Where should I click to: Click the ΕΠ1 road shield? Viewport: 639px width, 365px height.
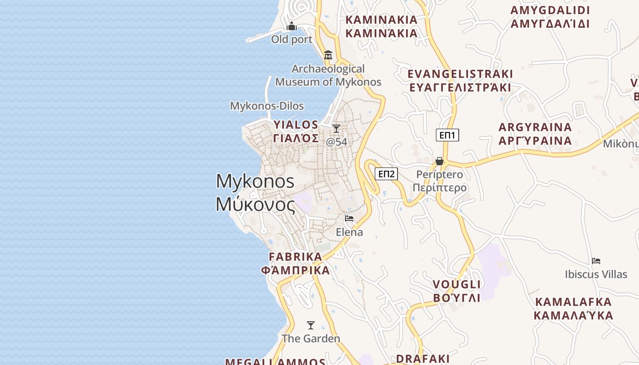[447, 135]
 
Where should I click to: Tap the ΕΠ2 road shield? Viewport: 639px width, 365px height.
[386, 174]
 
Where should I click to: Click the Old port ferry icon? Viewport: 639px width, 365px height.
[292, 26]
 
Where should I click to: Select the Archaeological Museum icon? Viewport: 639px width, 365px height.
[328, 55]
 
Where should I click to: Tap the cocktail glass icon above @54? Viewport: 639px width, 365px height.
[336, 129]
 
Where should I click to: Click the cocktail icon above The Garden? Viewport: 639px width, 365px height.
[311, 325]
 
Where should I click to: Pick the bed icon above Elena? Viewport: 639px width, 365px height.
[349, 219]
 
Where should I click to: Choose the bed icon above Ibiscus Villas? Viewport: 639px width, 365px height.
[596, 261]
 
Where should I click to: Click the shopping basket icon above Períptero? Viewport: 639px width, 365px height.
[439, 161]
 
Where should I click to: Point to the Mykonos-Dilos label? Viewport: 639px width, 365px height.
[267, 106]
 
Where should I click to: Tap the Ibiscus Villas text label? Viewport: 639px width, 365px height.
[596, 275]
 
